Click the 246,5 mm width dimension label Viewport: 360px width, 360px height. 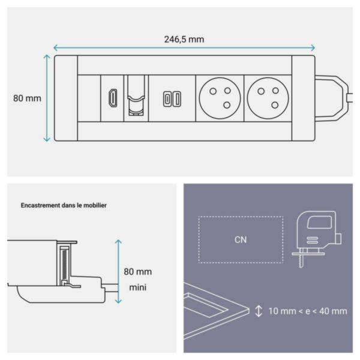tap(184, 39)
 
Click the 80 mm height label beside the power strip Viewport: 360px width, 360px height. tap(27, 98)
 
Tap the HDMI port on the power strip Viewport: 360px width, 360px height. tap(112, 98)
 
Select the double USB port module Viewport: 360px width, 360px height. tap(170, 99)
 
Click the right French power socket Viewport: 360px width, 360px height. tap(267, 98)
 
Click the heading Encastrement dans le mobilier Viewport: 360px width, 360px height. tap(64, 205)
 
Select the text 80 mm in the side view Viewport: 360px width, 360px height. tap(138, 271)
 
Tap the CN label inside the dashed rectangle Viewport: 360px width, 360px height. tap(241, 239)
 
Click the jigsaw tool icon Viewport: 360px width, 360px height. tap(316, 234)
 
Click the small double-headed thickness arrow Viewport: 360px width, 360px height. tap(259, 311)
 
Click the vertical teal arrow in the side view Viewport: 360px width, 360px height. tap(118, 270)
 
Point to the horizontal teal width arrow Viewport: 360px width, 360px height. tap(184, 48)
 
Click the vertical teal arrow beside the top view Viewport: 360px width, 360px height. tap(47, 98)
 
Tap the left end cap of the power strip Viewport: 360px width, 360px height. tap(66, 98)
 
